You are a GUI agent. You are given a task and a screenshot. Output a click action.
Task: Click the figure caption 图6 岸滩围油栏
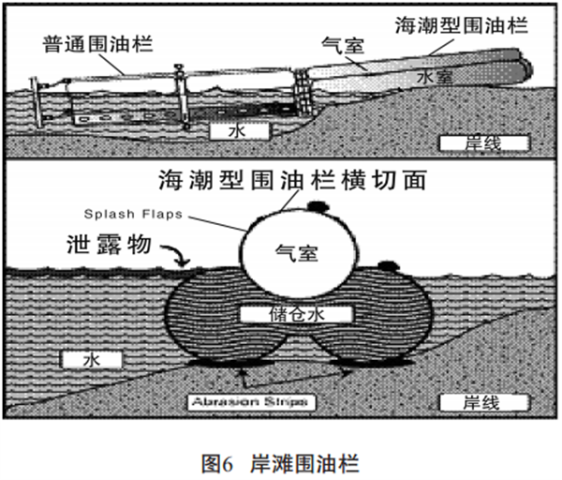coord(280,462)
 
